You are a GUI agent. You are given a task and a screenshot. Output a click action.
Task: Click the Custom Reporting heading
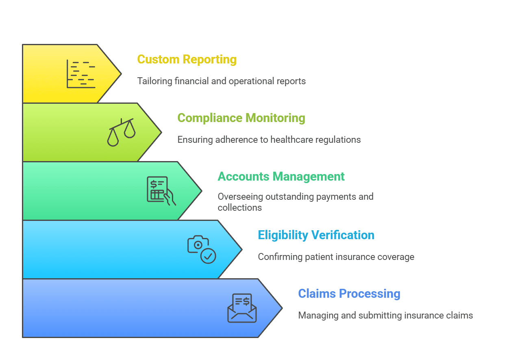point(187,59)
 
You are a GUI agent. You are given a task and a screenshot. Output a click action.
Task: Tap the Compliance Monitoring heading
point(241,118)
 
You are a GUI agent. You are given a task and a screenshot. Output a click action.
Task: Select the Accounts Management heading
point(281,177)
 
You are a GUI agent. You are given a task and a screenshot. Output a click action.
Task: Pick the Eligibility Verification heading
point(316,235)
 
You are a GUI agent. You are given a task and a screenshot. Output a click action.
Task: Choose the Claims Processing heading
point(349,294)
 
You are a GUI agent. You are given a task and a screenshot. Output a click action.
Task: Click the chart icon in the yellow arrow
point(81,74)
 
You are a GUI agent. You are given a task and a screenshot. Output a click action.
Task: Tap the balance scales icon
point(121,132)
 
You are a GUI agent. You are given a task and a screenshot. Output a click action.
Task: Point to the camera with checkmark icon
point(201,249)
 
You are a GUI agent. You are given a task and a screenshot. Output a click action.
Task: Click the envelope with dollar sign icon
point(242,308)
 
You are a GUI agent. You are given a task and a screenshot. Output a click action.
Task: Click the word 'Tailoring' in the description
point(154,81)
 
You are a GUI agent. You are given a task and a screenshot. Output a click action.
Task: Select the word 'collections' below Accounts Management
point(239,207)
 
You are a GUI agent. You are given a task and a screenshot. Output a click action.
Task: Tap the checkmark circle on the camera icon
point(209,256)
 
